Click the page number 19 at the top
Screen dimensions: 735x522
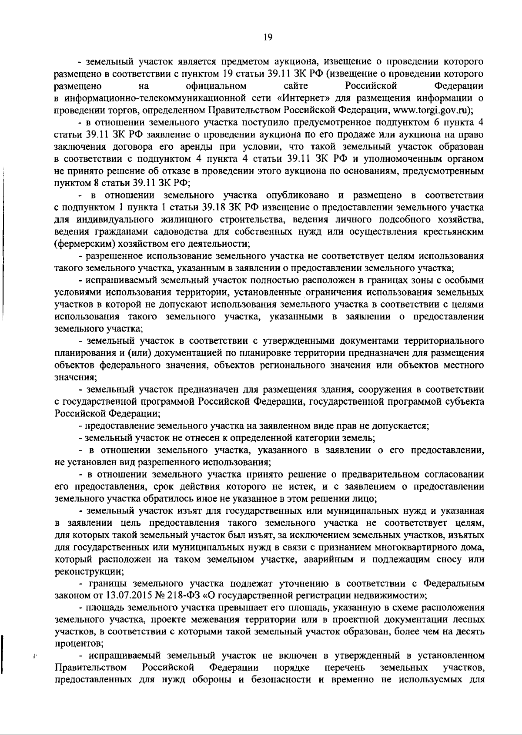coord(268,38)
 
